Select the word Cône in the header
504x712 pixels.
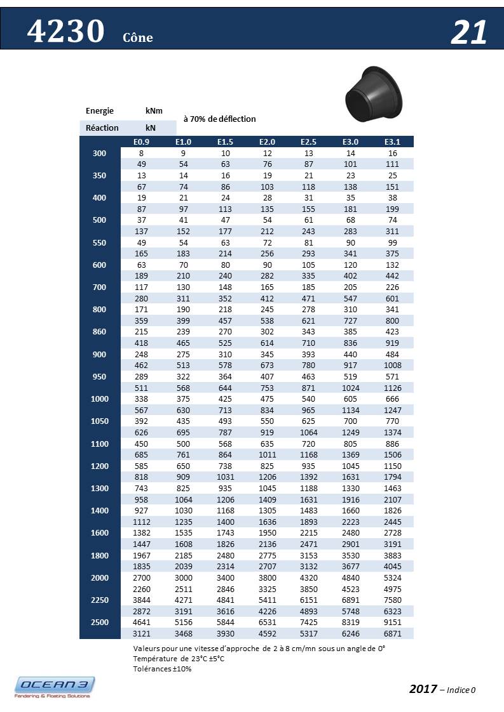coord(138,37)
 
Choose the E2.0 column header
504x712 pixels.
coord(267,142)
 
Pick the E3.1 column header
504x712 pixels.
coord(392,142)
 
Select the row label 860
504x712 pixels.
coord(99,332)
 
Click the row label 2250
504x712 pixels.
coord(99,600)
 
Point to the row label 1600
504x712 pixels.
coord(99,533)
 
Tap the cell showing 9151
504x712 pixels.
coord(392,623)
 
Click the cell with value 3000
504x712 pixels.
coord(183,578)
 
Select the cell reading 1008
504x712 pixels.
coord(392,366)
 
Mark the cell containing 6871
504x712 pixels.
coord(392,634)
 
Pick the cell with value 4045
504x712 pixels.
coord(392,567)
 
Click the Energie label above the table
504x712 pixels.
coord(100,111)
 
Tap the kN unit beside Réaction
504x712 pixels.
coord(151,128)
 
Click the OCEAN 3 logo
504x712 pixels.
coord(55,687)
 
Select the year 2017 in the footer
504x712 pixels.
coord(423,689)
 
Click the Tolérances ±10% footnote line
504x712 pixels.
coord(163,668)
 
